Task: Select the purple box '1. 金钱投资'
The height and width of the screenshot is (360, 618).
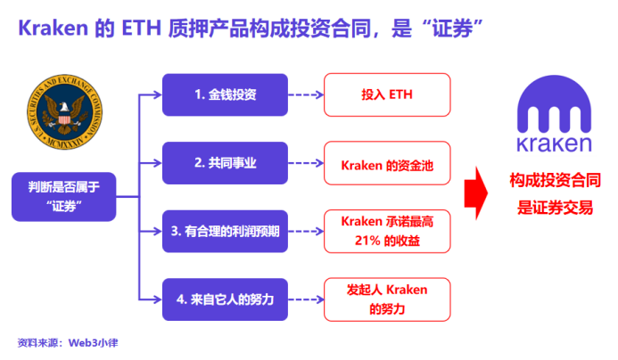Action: (226, 95)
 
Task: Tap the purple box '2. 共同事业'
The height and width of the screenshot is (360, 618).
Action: (226, 163)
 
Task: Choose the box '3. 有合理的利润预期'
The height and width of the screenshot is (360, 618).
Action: (226, 231)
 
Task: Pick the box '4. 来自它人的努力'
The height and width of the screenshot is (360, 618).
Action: (226, 299)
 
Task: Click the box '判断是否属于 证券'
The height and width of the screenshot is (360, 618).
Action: (63, 197)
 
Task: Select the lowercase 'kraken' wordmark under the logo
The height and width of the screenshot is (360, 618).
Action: (556, 143)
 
